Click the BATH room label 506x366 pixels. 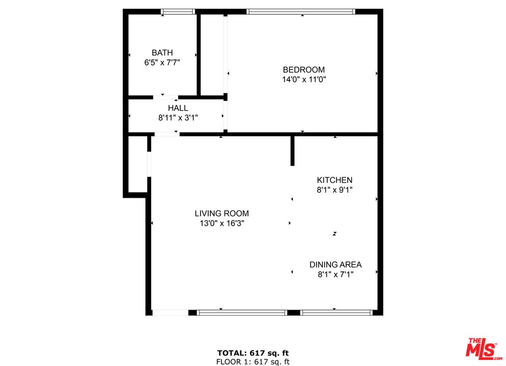tap(162, 52)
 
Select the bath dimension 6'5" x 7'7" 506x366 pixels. tap(162, 63)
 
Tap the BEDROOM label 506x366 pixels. tap(303, 70)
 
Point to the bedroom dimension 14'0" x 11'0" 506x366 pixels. tap(303, 79)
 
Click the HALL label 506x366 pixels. tap(178, 108)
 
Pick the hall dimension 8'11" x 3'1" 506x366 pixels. tap(178, 117)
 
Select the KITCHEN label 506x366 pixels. tap(334, 180)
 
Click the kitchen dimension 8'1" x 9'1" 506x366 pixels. tap(334, 190)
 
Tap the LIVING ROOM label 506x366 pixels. tap(221, 213)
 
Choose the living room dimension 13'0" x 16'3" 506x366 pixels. tap(221, 223)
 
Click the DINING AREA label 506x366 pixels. tap(335, 264)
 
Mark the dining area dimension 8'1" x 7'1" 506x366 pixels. tap(335, 274)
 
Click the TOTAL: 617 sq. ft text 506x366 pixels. tap(253, 353)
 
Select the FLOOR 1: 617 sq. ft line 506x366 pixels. tap(253, 361)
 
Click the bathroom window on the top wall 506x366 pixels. tap(178, 11)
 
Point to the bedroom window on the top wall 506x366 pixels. tap(300, 11)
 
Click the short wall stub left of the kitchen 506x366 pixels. tap(292, 150)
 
